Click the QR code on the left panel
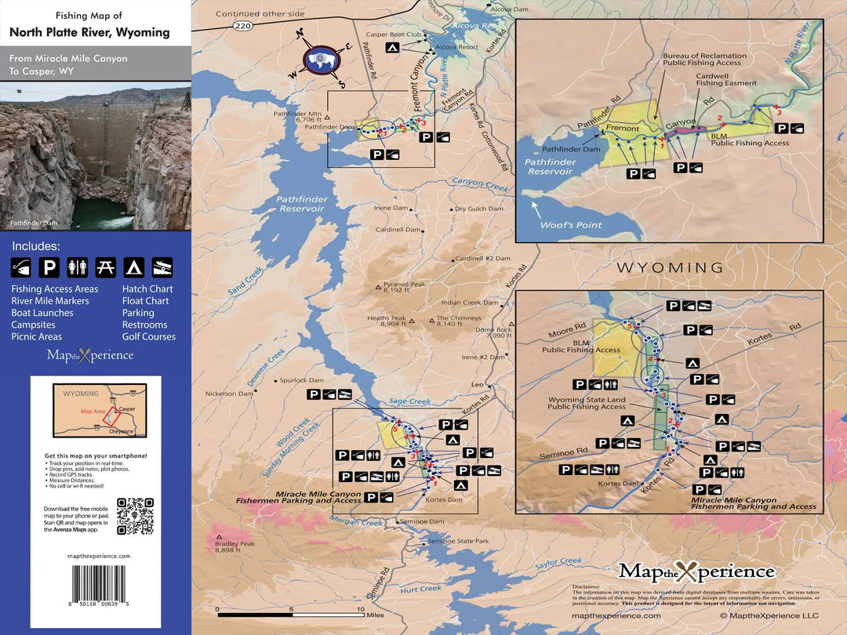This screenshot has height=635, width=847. [135, 516]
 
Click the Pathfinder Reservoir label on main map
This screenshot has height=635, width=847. [300, 204]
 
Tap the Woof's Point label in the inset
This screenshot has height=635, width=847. [571, 225]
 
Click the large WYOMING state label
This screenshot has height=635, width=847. [670, 268]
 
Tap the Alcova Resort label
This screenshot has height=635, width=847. [457, 47]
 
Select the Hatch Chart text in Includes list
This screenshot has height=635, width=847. [147, 289]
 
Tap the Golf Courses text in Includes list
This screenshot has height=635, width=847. [149, 336]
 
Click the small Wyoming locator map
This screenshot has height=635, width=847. [94, 410]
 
